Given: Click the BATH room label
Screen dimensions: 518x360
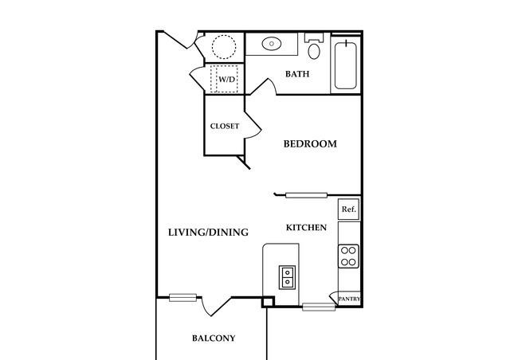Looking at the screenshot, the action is (x=297, y=73).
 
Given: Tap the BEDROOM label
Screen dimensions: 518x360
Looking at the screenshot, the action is (x=310, y=143).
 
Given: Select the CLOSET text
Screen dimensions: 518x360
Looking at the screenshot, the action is (x=225, y=126).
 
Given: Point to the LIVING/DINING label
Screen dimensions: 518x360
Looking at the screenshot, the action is (x=208, y=233).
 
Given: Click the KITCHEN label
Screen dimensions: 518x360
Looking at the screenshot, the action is (x=306, y=228).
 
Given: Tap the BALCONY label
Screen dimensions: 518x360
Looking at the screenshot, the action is (x=214, y=338).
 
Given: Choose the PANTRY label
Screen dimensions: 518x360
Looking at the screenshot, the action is (x=349, y=299).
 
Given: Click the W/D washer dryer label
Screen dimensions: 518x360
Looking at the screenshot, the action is (x=226, y=80).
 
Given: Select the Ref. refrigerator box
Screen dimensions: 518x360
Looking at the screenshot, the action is (x=348, y=209).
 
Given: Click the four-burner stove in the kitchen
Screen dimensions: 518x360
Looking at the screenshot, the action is (x=348, y=256).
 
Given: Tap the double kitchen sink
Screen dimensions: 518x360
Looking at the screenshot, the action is (x=288, y=277).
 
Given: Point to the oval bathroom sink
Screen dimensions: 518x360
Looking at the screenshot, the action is (x=272, y=43).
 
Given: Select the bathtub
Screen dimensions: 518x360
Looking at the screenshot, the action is (x=346, y=65).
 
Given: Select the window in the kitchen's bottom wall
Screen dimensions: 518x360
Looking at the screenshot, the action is (x=319, y=307).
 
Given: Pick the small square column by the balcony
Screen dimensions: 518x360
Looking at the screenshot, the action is (x=267, y=302).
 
